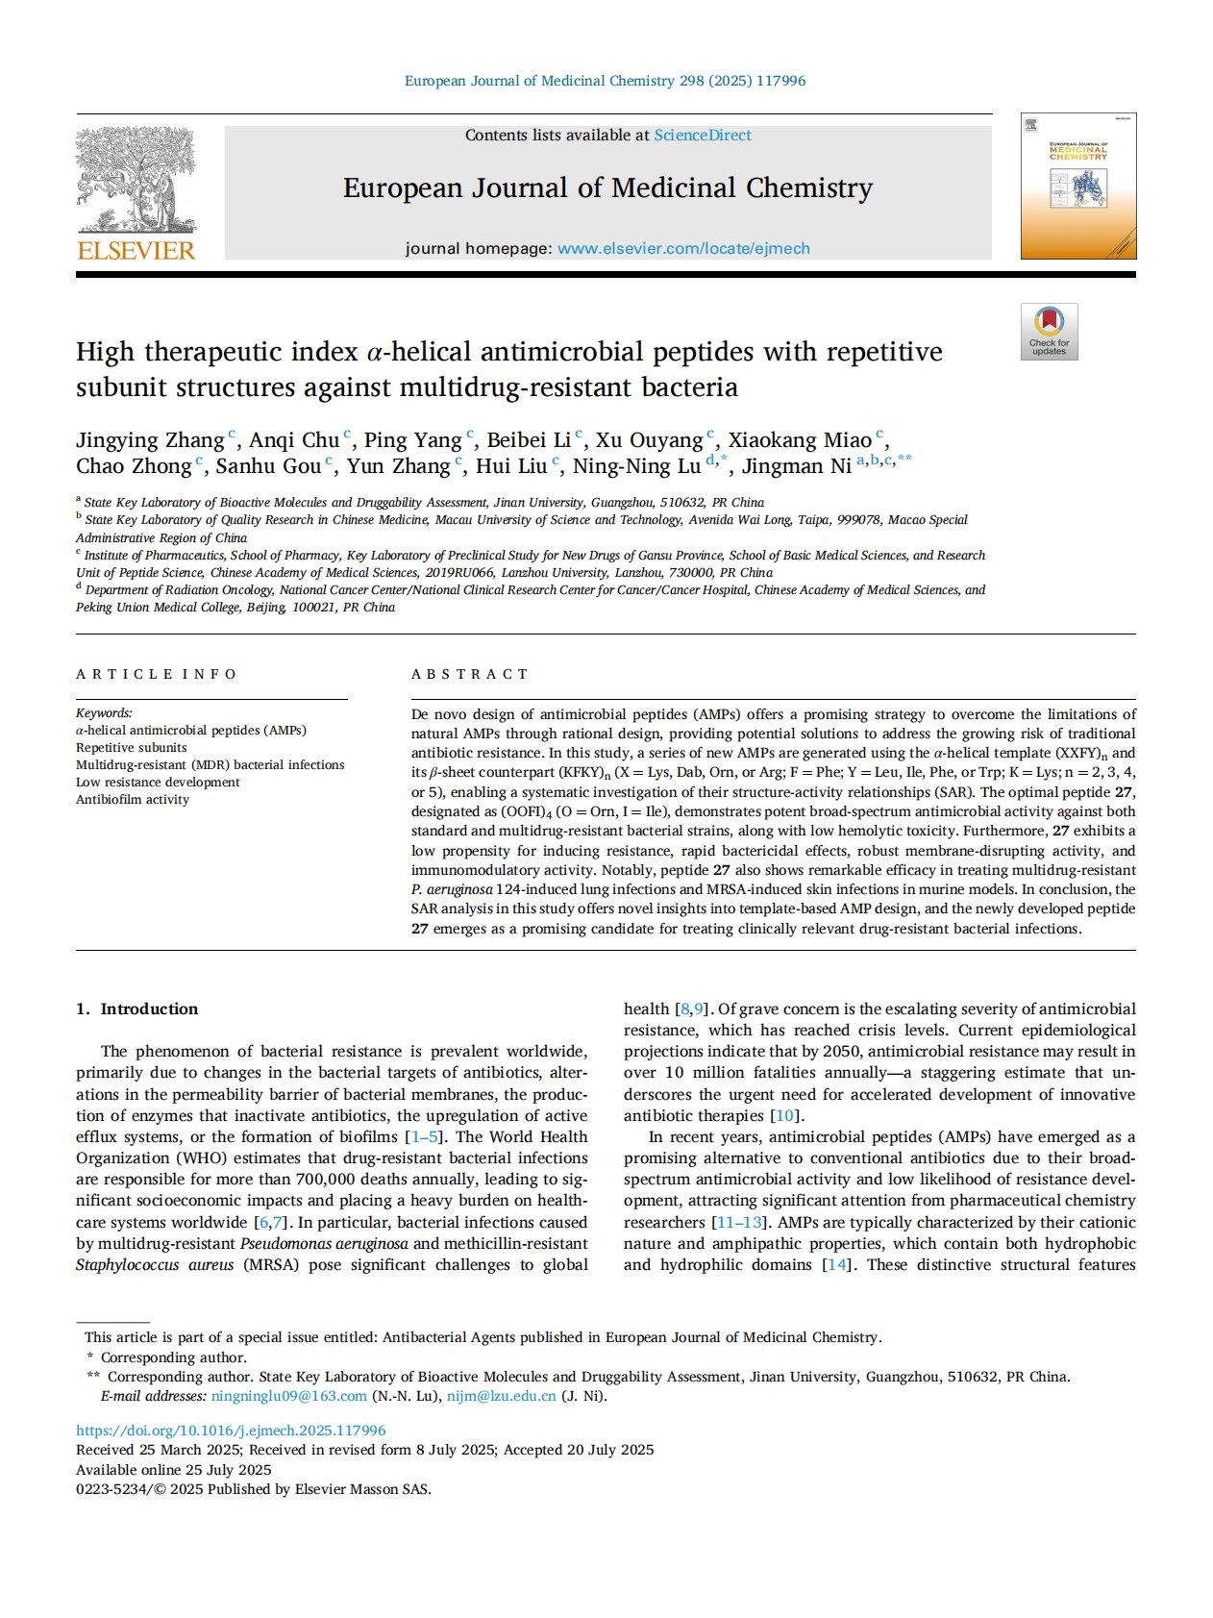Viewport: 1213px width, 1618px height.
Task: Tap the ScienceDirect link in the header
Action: tap(703, 136)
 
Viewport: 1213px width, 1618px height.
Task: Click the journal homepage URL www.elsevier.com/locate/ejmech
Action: tap(683, 248)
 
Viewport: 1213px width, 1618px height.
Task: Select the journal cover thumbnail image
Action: tap(1077, 187)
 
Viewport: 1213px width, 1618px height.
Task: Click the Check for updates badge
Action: tap(1049, 332)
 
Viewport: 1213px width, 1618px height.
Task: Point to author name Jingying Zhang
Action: tap(150, 440)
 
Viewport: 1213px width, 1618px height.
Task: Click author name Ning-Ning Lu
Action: tap(636, 466)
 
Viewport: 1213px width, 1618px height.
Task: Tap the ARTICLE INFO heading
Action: tap(156, 674)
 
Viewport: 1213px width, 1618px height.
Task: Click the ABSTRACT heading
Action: tap(470, 674)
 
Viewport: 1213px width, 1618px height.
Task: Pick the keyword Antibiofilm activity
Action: tap(133, 799)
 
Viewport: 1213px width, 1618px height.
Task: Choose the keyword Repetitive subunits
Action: tap(132, 747)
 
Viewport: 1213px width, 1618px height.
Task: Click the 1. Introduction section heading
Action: tap(136, 1008)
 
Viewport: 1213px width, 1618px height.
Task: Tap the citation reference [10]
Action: tap(785, 1115)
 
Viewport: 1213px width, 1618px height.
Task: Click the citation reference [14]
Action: tap(838, 1264)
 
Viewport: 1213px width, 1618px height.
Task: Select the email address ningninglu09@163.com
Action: tap(289, 1396)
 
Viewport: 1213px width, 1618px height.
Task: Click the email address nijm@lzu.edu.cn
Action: tap(501, 1396)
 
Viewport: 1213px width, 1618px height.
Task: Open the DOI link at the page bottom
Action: tap(231, 1431)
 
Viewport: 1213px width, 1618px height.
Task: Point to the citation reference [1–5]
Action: tap(428, 1136)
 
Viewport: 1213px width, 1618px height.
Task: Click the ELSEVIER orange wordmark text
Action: tap(136, 251)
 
